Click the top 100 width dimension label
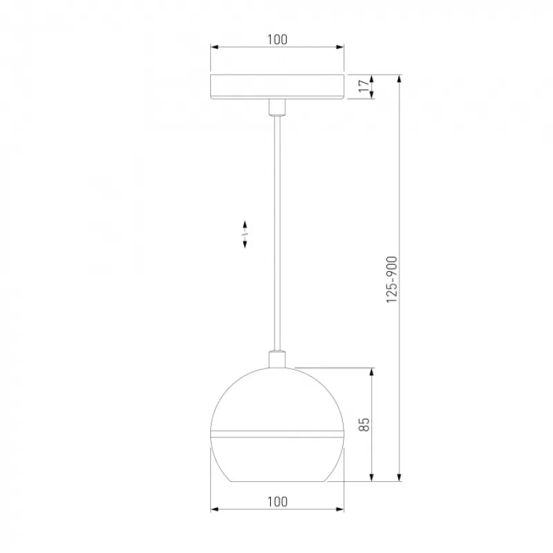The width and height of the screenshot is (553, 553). [277, 39]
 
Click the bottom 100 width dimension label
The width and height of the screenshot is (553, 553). [277, 502]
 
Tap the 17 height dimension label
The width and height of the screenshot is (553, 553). [364, 86]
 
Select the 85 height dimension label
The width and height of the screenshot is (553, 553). [364, 424]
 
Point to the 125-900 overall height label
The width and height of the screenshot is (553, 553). [392, 279]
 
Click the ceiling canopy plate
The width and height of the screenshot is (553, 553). [277, 87]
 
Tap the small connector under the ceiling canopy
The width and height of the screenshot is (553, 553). [277, 107]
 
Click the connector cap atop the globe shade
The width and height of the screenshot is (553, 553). [277, 359]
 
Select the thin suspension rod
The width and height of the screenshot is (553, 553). [277, 233]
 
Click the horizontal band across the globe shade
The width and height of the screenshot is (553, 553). [277, 434]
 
